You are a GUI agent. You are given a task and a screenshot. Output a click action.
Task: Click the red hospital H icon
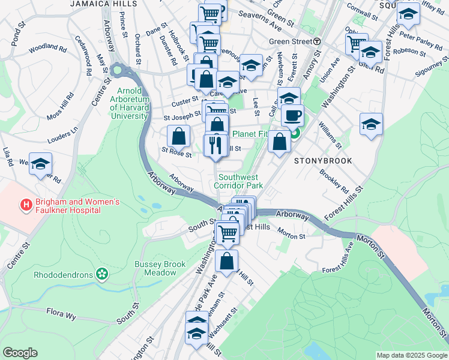(26, 206)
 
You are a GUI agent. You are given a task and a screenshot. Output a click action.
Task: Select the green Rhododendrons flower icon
(102, 275)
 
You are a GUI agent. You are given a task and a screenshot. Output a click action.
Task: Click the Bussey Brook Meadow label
(155, 268)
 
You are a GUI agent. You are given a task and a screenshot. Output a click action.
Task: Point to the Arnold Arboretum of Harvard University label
(128, 103)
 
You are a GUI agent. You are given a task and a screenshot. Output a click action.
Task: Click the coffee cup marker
(292, 115)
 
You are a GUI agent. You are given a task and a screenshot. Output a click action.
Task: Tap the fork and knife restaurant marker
(215, 145)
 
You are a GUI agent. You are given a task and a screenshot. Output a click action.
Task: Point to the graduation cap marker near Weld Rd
(40, 163)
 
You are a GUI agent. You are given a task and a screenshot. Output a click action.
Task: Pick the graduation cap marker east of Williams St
(371, 125)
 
